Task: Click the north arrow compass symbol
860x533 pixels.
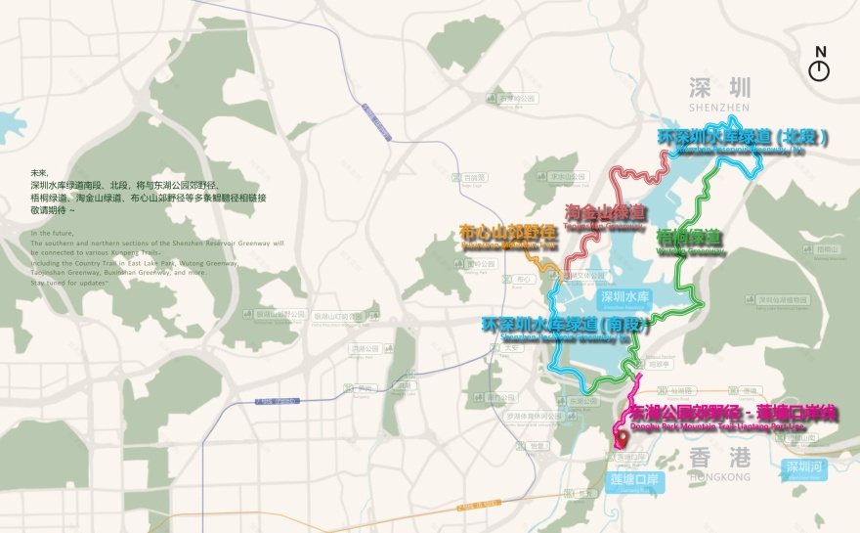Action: (x=819, y=69)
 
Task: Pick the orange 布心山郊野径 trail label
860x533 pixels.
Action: (x=508, y=235)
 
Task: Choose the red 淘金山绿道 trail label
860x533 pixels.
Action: (x=606, y=213)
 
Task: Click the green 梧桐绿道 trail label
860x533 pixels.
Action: (x=690, y=238)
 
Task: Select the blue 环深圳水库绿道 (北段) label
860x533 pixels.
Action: (x=743, y=138)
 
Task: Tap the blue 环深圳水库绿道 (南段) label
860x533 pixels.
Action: (x=554, y=326)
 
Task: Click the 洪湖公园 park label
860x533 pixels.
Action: (x=364, y=349)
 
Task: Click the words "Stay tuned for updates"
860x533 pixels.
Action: (x=67, y=282)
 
